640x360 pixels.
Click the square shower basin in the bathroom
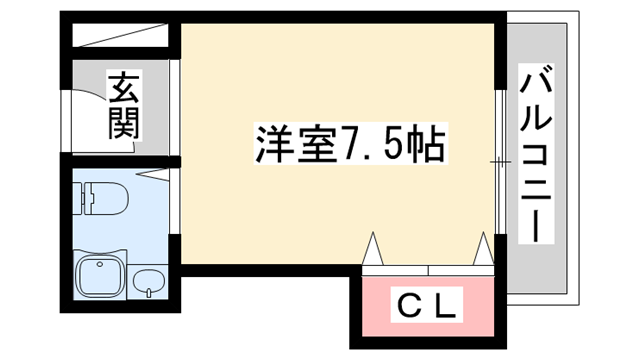tap(99, 278)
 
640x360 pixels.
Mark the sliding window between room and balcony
tap(500, 160)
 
